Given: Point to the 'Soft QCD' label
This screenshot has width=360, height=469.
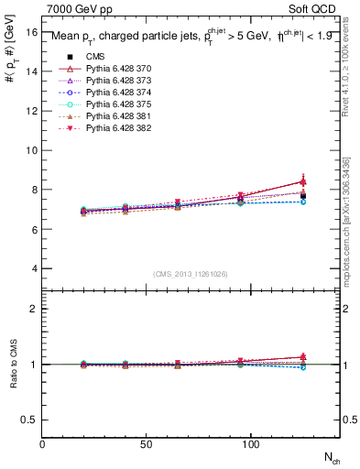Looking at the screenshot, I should tap(314, 8).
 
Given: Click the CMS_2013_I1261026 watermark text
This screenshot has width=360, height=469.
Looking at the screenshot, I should tap(191, 274).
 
